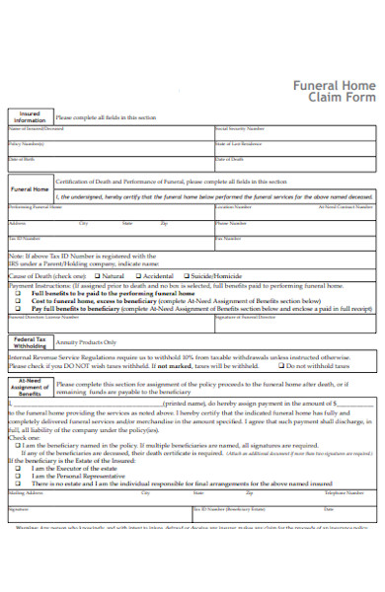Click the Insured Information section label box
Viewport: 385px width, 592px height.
[x=29, y=117]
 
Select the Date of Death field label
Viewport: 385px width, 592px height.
[x=229, y=158]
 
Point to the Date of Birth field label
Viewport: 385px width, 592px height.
[x=22, y=158]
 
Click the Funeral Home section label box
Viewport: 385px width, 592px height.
[x=29, y=188]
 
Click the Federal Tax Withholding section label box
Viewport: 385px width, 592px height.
[x=29, y=343]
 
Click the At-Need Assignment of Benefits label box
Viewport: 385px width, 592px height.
[x=29, y=385]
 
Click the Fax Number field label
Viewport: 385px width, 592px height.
[x=227, y=238]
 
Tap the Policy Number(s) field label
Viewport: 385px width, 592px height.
[x=28, y=143]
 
